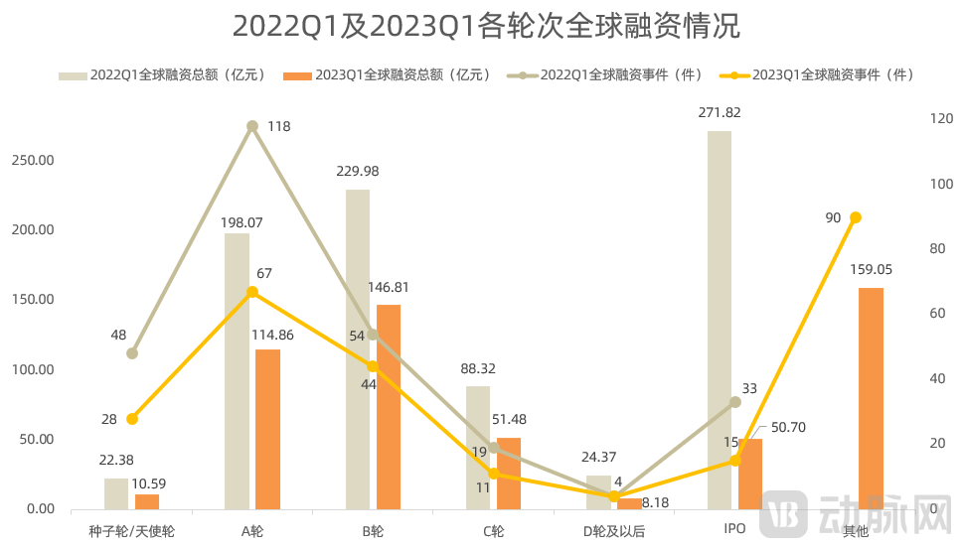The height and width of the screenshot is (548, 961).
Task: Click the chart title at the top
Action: click(x=486, y=26)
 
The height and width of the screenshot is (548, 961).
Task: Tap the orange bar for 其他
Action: click(x=871, y=398)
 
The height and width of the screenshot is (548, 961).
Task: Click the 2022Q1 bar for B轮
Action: click(x=358, y=348)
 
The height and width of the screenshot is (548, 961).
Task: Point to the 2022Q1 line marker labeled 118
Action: click(x=252, y=126)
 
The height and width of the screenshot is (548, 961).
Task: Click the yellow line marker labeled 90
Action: click(x=856, y=217)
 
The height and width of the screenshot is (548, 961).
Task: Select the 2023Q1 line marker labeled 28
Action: click(x=132, y=418)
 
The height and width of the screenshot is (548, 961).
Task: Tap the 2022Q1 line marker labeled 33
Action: click(x=735, y=402)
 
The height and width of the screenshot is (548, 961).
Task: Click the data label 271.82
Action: click(x=720, y=113)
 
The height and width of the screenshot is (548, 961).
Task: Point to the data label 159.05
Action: click(x=871, y=269)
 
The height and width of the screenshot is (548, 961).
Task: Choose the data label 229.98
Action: click(x=358, y=171)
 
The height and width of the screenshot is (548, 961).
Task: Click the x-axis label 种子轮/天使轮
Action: click(x=132, y=531)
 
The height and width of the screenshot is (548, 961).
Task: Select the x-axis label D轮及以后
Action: click(x=613, y=531)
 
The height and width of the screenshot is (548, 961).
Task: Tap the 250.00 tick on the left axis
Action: click(x=34, y=160)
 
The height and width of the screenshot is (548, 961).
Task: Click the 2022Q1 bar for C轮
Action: click(x=478, y=447)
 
